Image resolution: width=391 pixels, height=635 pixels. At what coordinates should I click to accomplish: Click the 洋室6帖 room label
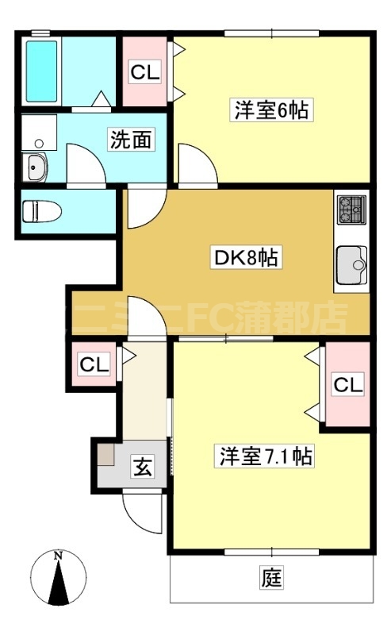(x=270, y=110)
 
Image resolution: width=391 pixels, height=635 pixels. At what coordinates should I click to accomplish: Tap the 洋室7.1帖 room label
(x=265, y=456)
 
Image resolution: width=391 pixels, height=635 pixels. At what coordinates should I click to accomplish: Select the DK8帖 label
(x=246, y=258)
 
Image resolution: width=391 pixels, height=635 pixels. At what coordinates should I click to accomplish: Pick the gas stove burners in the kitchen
(x=350, y=210)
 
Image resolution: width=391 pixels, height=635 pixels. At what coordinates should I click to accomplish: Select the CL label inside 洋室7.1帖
(x=347, y=385)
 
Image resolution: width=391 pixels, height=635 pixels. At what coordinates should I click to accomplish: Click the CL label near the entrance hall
(x=93, y=365)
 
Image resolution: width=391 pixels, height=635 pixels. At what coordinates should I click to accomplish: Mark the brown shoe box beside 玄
(x=106, y=454)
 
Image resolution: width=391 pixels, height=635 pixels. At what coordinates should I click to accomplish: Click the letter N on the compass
(x=57, y=556)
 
